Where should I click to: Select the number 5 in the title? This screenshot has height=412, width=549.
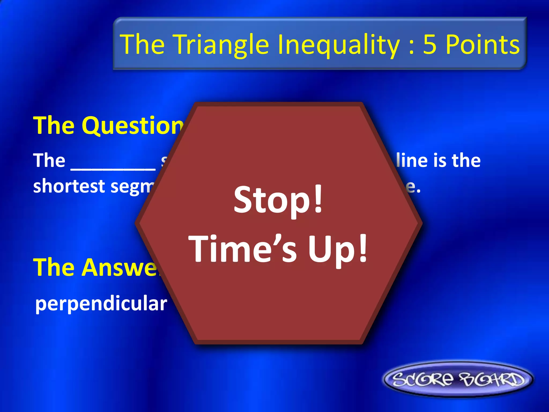click(430, 45)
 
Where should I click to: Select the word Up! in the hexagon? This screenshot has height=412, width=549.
click(338, 249)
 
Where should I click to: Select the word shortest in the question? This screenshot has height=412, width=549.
click(69, 186)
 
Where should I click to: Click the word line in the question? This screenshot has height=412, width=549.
click(411, 161)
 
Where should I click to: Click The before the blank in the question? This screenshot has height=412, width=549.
click(49, 161)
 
